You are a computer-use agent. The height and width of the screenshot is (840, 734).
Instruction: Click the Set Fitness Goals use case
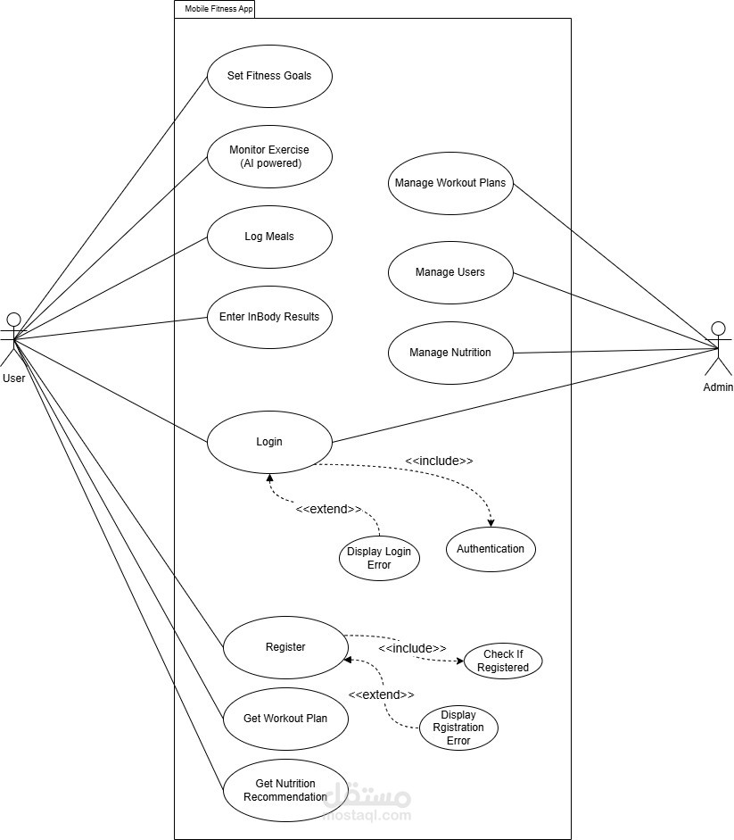pos(269,76)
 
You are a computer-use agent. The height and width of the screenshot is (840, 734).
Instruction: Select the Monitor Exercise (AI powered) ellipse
pos(269,157)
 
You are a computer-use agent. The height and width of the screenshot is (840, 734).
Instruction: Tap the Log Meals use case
pos(269,237)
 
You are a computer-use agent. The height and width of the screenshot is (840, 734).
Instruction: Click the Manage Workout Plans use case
pos(450,183)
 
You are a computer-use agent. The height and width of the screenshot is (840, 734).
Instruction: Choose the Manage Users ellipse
pos(450,272)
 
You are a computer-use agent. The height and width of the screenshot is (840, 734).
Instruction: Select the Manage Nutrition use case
pos(450,353)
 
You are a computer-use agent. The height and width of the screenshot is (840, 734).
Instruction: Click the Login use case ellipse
pos(269,442)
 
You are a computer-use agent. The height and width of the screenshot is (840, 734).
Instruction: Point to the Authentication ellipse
pos(491,549)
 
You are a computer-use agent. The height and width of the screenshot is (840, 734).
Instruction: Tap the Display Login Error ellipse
pos(379,558)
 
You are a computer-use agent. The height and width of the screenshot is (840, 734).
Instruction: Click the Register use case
pos(285,647)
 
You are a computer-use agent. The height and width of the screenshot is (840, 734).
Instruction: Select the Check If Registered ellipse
pos(503,661)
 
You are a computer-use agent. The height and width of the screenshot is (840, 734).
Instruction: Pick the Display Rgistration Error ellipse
pos(458,728)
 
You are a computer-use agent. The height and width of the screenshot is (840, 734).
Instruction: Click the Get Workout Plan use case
pos(285,719)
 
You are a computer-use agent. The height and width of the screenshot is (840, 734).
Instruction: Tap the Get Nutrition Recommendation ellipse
pos(285,790)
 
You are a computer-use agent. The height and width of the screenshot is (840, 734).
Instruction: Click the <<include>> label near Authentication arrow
pos(439,461)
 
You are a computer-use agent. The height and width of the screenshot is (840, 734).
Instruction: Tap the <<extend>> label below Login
pos(328,509)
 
